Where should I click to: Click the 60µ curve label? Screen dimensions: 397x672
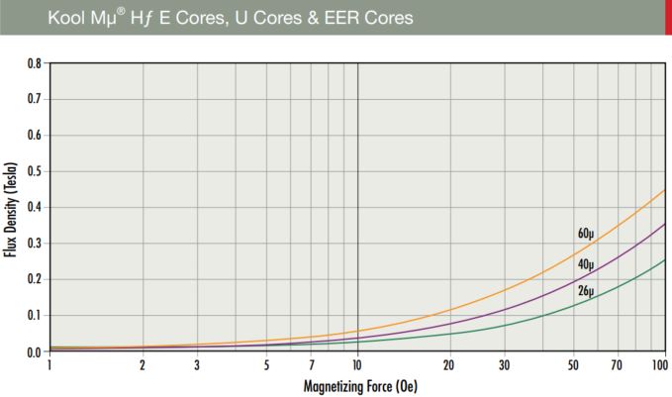pos(586,235)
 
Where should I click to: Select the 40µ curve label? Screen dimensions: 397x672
pos(586,264)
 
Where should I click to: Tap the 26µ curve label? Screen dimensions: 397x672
pos(586,290)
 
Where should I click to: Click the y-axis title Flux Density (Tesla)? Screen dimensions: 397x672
pos(12,208)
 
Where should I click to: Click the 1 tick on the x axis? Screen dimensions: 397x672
pos(49,365)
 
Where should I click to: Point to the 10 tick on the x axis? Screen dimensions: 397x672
pos(356,365)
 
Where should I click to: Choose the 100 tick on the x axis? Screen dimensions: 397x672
pos(660,365)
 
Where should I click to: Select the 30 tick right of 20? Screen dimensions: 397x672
pos(503,365)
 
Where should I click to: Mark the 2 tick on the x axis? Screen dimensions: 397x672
pos(143,365)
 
